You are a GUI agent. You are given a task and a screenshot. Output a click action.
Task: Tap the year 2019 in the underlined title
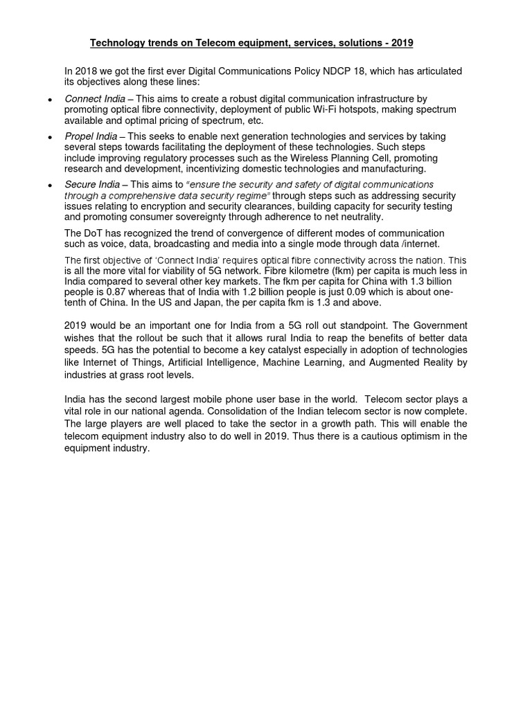tap(401, 44)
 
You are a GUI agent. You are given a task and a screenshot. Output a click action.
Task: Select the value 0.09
tap(332, 292)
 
